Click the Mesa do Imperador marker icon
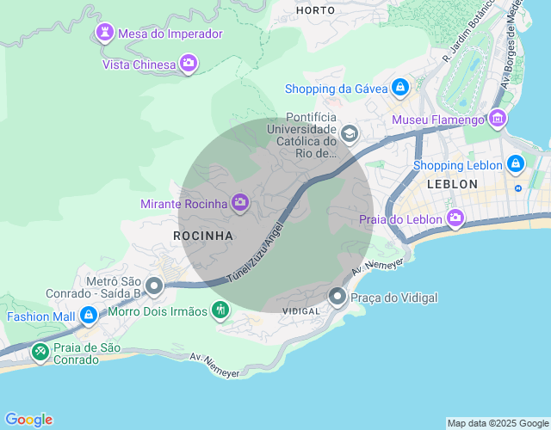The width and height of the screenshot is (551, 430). click(105, 34)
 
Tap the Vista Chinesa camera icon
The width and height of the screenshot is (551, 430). click(189, 64)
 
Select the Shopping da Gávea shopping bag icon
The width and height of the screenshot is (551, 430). click(399, 88)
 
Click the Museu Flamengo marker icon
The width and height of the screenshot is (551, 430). click(498, 120)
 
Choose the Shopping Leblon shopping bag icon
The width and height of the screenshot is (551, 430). click(515, 164)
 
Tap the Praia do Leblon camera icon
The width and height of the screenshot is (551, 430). click(455, 220)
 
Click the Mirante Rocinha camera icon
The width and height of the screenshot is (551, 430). click(240, 203)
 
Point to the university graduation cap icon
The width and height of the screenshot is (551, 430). click(350, 133)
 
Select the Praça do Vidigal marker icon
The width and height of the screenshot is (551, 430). click(337, 298)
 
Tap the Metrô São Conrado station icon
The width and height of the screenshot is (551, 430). click(154, 286)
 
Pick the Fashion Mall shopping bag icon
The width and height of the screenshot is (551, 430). click(88, 316)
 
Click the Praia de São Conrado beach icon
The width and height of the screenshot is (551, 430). click(40, 351)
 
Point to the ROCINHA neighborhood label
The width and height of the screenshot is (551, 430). click(203, 235)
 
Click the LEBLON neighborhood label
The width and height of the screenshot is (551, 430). click(452, 184)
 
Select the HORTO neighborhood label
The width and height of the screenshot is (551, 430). click(314, 10)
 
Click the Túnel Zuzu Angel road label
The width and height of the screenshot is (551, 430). click(255, 252)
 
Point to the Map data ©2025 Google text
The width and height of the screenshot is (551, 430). click(497, 423)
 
